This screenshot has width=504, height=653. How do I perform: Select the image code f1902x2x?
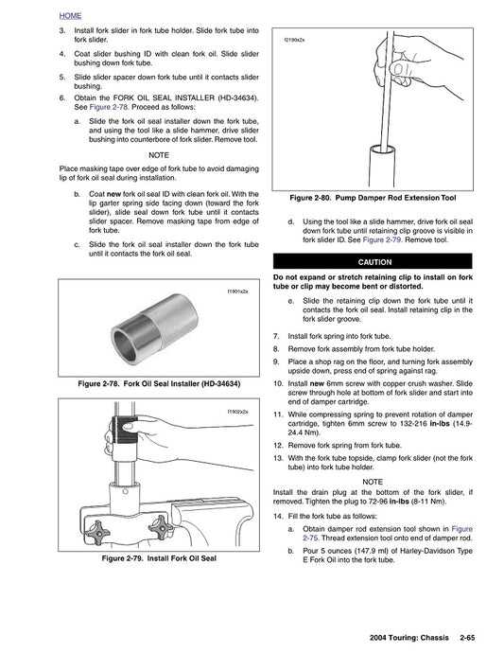(x=237, y=413)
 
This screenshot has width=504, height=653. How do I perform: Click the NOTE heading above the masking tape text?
(x=159, y=154)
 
